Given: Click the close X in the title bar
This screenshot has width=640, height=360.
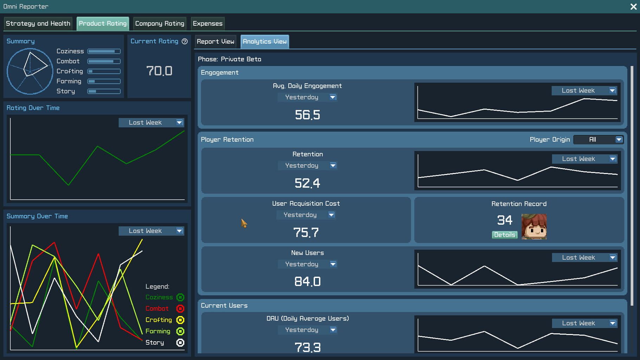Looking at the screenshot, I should point(633,7).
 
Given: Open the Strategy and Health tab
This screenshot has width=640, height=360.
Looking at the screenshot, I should point(38,24).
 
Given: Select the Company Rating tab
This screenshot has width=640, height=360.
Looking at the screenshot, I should point(160,24).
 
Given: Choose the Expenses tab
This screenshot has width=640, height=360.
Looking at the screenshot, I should point(207,24).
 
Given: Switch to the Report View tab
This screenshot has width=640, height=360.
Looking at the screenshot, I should point(215,41).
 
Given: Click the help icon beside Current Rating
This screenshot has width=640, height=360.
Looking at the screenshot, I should point(185,41).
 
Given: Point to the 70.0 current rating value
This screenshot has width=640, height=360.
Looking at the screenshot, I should point(159,71).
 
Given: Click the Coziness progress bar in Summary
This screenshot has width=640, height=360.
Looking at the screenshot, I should point(104,51).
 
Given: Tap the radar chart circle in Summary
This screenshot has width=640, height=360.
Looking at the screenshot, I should point(30,71).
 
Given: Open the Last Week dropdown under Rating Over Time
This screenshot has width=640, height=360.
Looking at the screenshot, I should point(151,123).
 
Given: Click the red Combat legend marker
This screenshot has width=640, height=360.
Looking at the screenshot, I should point(180,309).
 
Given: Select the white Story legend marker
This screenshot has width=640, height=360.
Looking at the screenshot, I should point(180,342).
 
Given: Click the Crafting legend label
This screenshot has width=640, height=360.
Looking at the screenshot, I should point(159,320).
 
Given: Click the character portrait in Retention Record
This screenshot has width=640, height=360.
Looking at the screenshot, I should point(534,227).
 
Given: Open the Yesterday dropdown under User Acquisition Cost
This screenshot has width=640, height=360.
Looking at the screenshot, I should point(306,215).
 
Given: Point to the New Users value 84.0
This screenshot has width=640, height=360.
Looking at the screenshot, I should point(307,282).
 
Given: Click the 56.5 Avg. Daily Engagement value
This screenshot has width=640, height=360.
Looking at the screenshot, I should point(307,115).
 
